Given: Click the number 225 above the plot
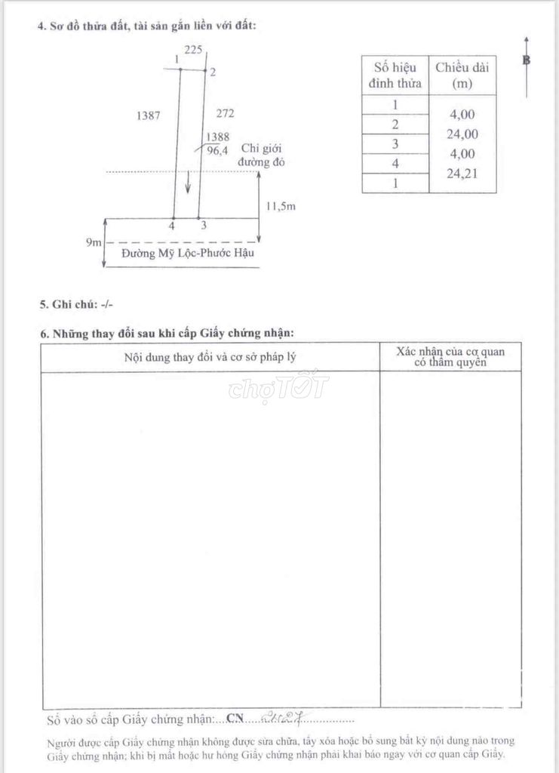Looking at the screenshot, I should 193,50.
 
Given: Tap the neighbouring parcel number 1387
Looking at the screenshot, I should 148,116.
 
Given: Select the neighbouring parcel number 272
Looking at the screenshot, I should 225,114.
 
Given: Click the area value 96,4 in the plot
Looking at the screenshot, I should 217,150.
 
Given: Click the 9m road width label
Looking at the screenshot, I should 93,242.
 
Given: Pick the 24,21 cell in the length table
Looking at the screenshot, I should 463,173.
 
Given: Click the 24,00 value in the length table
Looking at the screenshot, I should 463,134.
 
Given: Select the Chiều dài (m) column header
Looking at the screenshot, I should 463,75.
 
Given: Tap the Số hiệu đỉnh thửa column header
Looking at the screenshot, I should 395,75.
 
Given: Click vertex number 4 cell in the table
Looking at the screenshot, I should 395,163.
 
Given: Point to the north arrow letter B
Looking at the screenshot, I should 527,60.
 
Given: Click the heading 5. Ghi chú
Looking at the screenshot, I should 75,304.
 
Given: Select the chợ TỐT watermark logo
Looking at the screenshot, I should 279,386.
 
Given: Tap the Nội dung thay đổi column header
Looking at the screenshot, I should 210,356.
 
